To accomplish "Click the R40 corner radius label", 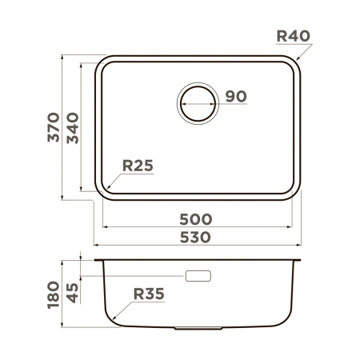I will click(292, 36).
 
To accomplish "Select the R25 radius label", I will click(137, 166).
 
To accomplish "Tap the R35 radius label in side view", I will click(148, 294).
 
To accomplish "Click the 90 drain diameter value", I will click(234, 97).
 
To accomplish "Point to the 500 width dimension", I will click(195, 218).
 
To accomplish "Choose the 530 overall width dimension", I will click(195, 237).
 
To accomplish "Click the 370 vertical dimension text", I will click(53, 127).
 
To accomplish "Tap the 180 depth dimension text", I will click(54, 294).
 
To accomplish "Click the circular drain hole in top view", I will click(197, 103).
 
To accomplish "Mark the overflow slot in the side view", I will click(198, 276).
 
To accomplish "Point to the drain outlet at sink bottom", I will click(198, 328).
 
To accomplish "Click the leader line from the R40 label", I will click(302, 52).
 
